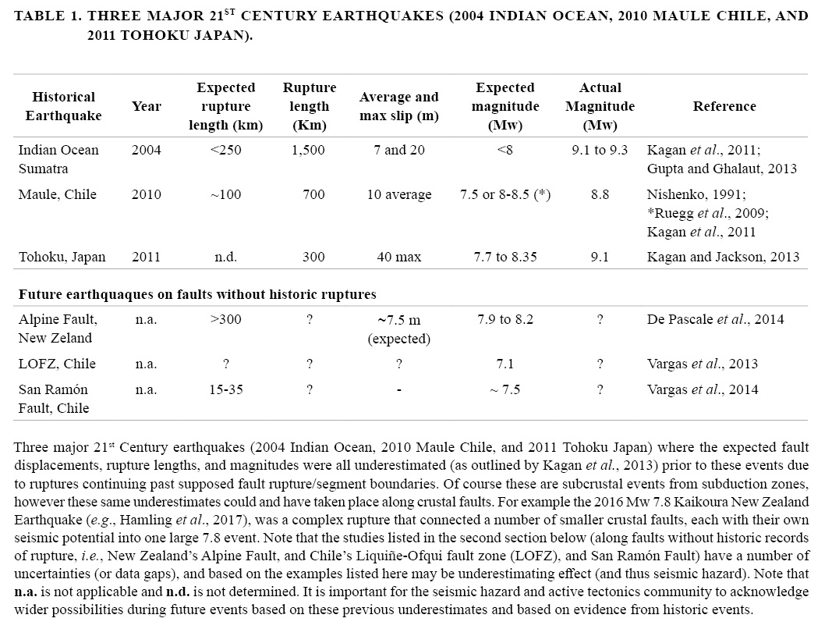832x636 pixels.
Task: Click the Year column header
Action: pyautogui.click(x=147, y=107)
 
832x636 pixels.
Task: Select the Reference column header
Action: pyautogui.click(x=724, y=107)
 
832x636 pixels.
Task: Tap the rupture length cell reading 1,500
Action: pyautogui.click(x=309, y=151)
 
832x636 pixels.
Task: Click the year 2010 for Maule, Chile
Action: pyautogui.click(x=147, y=195)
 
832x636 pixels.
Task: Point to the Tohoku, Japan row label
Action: pyautogui.click(x=62, y=257)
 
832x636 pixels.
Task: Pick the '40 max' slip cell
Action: pyautogui.click(x=398, y=257)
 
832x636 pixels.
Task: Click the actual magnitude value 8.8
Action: pyautogui.click(x=600, y=195)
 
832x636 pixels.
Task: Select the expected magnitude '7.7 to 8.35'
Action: pyautogui.click(x=505, y=257)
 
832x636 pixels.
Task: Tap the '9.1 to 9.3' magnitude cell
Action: pyautogui.click(x=600, y=151)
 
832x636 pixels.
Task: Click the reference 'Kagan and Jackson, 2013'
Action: pyautogui.click(x=723, y=257)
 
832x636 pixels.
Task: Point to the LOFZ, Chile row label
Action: pyautogui.click(x=57, y=364)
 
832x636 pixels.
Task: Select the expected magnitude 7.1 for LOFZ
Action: pyautogui.click(x=505, y=364)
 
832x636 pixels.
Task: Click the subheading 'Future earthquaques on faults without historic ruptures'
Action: pyautogui.click(x=197, y=294)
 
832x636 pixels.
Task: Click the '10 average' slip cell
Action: pyautogui.click(x=398, y=195)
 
